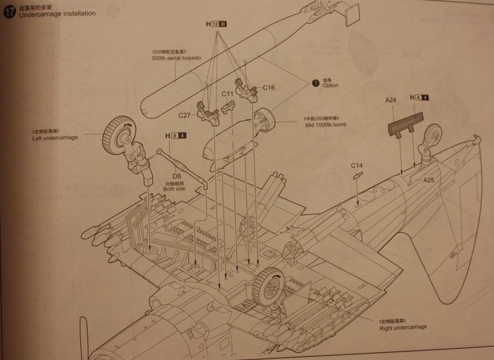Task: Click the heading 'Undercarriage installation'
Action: point(57,13)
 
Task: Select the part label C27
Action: point(184,115)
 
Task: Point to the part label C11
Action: point(227,93)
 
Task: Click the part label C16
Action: point(269,88)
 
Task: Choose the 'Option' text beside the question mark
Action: point(330,85)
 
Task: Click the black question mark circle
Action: point(315,83)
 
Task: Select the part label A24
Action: point(391,100)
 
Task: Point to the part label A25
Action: point(429,180)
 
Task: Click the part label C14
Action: point(357,166)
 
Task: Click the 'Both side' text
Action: point(175,189)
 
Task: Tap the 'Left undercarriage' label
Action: point(55,138)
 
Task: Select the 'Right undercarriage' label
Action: point(403,328)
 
